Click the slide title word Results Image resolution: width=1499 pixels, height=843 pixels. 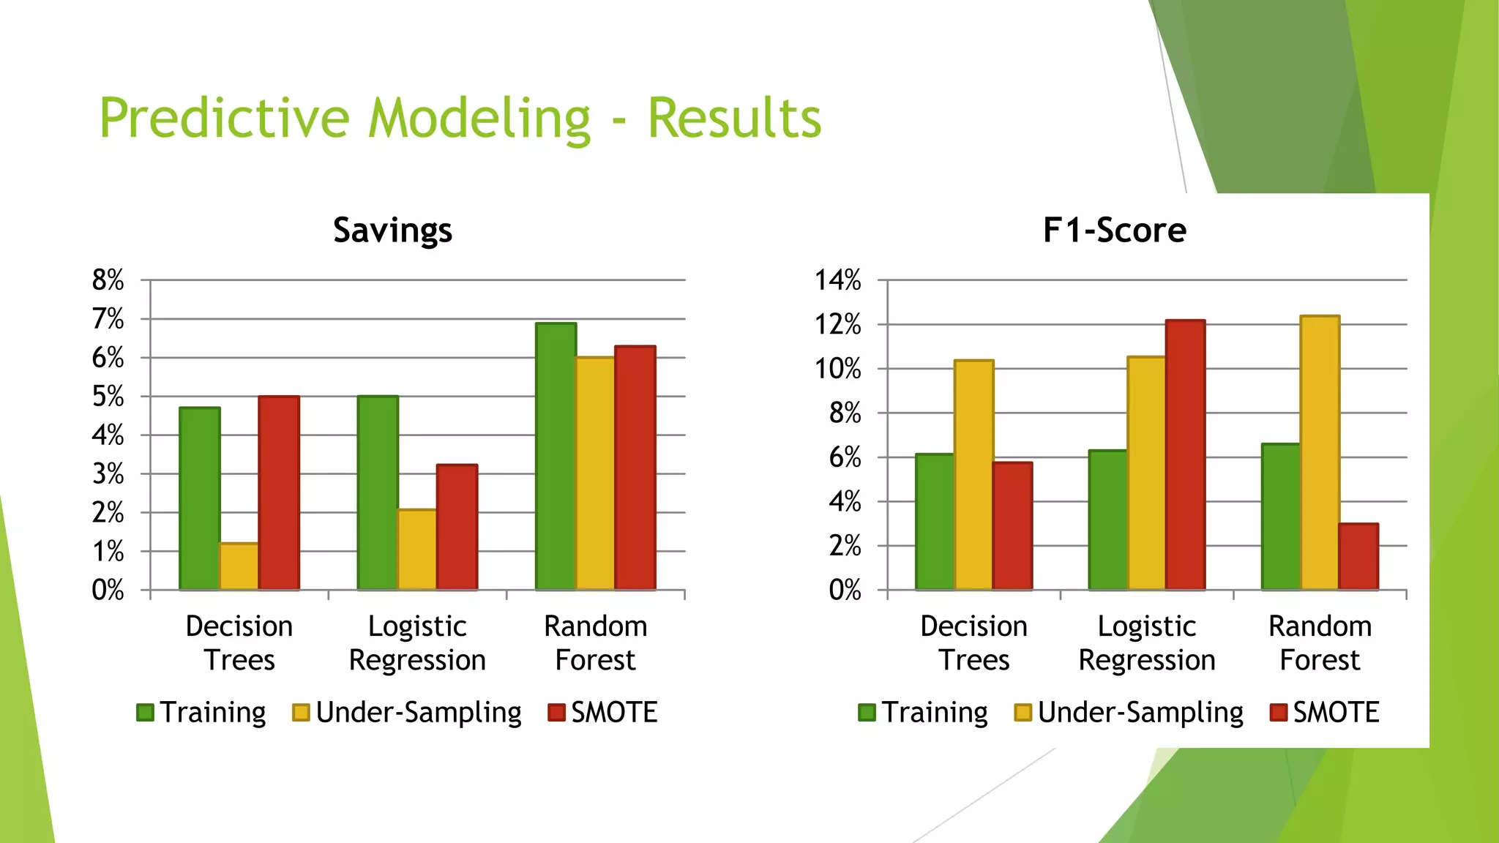point(734,119)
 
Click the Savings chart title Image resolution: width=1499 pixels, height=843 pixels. point(392,231)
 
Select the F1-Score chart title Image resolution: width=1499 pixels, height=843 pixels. point(1114,231)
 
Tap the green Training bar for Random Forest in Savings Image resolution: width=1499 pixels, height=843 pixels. point(556,457)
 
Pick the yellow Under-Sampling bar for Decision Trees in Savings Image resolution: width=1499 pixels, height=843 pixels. point(239,566)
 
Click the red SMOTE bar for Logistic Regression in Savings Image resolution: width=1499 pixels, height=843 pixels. point(457,527)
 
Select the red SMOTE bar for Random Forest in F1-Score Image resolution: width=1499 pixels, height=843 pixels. point(1358,556)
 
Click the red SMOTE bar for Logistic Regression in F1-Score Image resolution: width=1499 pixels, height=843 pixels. point(1185,454)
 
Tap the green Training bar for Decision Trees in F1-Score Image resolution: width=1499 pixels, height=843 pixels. point(935,521)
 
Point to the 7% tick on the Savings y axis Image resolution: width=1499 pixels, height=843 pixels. point(108,319)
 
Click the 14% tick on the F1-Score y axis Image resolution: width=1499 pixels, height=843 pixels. point(838,280)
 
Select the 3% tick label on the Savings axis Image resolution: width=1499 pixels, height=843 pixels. point(108,474)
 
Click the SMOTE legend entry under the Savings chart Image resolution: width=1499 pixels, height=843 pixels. point(603,712)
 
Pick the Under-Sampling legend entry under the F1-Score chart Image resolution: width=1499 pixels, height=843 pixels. point(1129,712)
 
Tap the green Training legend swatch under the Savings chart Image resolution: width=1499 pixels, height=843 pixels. point(145,712)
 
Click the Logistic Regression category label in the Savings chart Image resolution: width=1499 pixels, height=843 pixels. point(417,642)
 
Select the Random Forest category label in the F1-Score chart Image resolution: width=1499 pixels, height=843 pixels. point(1320,642)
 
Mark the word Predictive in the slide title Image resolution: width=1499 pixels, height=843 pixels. point(225,119)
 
